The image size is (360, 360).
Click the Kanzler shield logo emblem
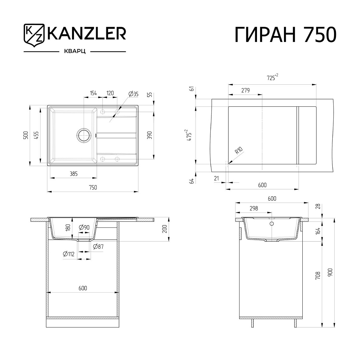tap(34, 35)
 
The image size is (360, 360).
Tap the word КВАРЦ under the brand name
tap(75, 51)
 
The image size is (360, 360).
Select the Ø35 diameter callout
tap(133, 94)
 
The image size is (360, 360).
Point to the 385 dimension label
tap(73, 174)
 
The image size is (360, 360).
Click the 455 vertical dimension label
tap(36, 135)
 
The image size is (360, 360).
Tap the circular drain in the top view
tap(84, 135)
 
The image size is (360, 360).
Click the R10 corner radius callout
tap(239, 150)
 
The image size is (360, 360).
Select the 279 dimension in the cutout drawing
tap(245, 90)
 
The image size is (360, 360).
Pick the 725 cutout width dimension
tap(272, 77)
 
